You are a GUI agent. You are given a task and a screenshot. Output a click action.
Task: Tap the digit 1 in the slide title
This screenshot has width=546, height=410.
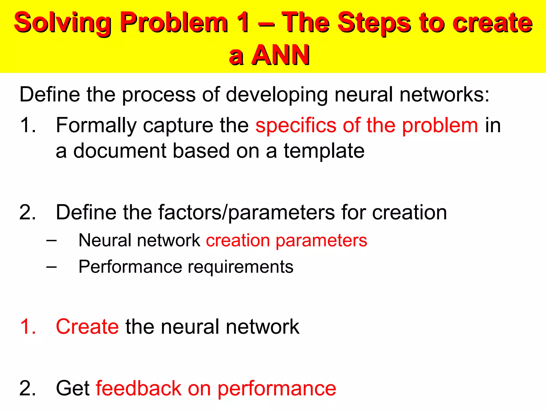click(243, 22)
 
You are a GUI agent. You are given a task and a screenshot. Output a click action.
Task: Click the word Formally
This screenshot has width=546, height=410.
click(96, 125)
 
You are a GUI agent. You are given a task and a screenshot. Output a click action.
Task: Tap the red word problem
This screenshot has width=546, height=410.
click(440, 125)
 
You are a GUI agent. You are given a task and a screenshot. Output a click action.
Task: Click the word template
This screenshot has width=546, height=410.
click(324, 151)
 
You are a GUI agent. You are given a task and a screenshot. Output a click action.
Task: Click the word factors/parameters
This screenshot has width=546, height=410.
click(247, 213)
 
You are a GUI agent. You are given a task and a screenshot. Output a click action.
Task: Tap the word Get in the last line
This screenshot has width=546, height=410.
click(73, 388)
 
